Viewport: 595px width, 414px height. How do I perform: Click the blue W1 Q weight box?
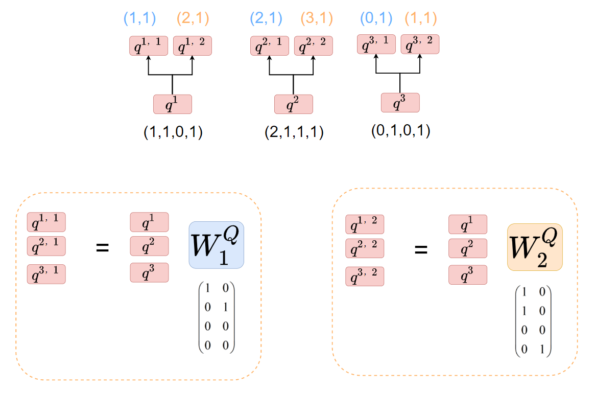(216, 245)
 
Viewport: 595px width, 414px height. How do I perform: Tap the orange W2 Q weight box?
(535, 247)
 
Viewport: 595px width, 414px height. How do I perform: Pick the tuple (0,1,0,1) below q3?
(400, 131)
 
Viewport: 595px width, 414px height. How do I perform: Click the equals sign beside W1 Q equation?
(103, 248)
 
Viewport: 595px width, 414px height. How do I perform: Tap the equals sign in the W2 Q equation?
(420, 250)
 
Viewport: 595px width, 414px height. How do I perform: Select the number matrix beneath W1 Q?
(216, 317)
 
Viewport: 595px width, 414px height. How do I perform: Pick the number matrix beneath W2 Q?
(533, 320)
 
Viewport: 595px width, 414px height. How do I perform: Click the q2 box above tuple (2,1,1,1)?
(293, 104)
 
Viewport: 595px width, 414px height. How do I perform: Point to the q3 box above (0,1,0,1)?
(400, 103)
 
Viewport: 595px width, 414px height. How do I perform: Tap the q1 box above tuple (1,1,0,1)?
(173, 104)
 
